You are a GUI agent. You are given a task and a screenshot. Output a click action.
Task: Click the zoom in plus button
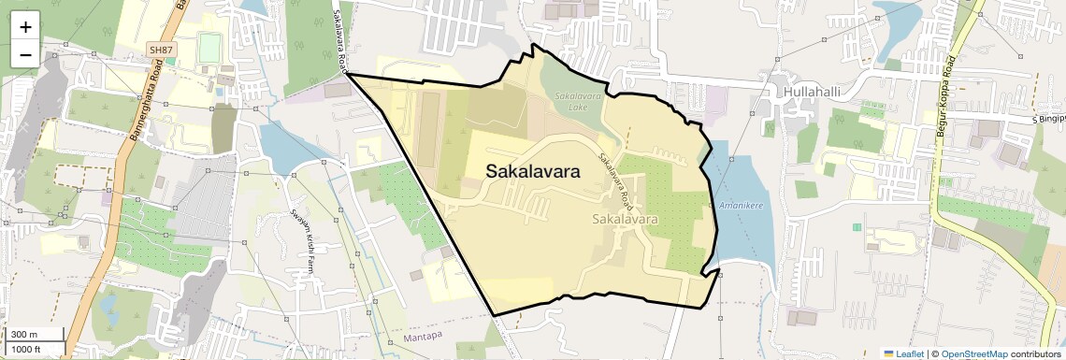(x=25, y=26)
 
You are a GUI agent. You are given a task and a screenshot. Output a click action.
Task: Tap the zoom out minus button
(x=25, y=54)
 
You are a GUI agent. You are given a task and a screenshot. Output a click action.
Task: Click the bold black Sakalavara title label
(x=532, y=172)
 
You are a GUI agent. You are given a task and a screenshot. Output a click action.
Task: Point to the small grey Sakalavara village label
(x=626, y=219)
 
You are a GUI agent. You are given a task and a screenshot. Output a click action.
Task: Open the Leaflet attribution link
(x=904, y=353)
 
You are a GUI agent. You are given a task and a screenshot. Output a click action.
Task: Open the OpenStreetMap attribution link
(x=973, y=353)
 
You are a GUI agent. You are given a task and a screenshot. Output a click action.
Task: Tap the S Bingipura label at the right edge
(x=1048, y=120)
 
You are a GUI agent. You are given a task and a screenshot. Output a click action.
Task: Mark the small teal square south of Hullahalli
(x=857, y=227)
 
